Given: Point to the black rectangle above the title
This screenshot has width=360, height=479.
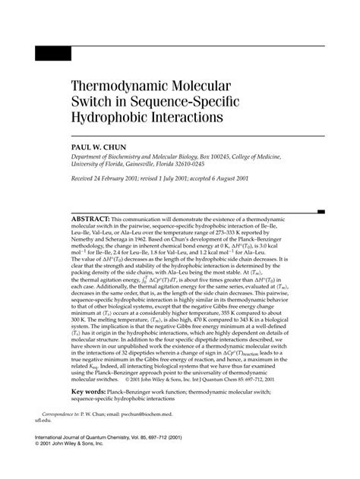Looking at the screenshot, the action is point(53,54).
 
